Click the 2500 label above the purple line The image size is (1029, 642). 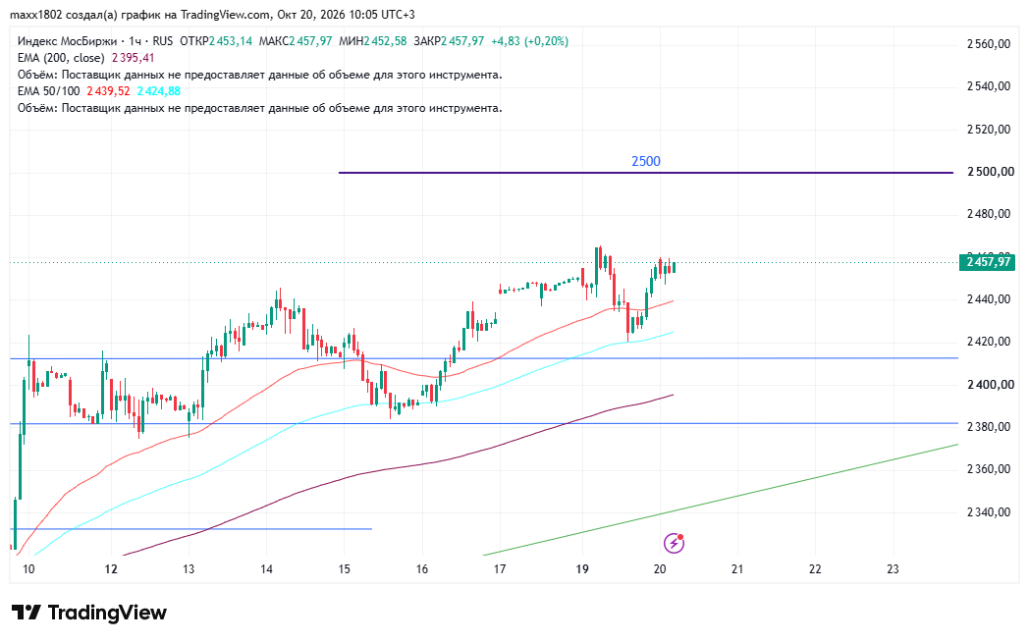point(646,161)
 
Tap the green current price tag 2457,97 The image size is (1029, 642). point(987,262)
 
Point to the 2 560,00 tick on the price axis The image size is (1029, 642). point(989,44)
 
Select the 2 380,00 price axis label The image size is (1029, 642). point(989,427)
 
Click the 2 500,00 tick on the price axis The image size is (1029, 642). point(989,172)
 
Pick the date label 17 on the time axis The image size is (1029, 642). point(500,569)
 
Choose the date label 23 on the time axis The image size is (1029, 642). point(893,569)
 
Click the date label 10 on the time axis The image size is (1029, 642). point(28,569)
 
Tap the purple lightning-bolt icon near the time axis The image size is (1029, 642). point(674,543)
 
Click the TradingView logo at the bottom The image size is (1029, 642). point(89,613)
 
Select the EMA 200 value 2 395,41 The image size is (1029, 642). point(134,58)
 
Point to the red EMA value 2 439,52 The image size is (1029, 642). point(108,91)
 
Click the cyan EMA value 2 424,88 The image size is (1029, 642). point(159,91)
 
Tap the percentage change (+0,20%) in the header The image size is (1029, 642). point(546,41)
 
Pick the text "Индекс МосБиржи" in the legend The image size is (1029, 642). point(66,41)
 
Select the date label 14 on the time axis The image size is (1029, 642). point(266,569)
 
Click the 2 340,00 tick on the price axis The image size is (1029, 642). point(989,512)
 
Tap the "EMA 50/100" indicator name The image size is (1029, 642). point(48,91)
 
